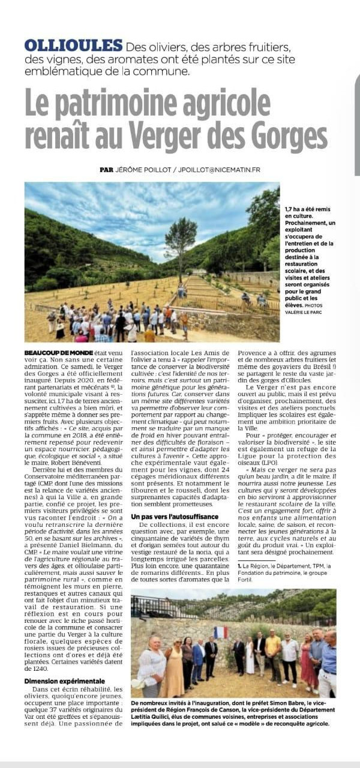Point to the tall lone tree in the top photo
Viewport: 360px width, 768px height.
coord(180,240)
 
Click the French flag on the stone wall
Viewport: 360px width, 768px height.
coord(221,632)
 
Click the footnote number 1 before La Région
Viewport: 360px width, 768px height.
coord(240,566)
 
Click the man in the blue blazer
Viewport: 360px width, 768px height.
coord(199,659)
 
